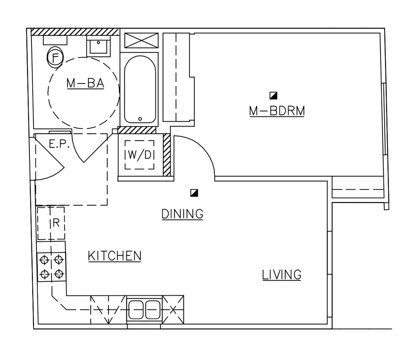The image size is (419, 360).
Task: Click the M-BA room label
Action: click(85, 83)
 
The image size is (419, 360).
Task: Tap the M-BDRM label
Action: click(277, 111)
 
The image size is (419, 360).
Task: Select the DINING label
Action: click(182, 214)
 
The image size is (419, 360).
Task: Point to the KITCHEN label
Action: click(115, 256)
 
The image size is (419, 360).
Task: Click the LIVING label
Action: click(282, 274)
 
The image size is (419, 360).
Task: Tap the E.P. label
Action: click(57, 144)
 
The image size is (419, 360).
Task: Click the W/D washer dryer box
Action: click(139, 155)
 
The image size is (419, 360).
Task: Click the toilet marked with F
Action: click(55, 58)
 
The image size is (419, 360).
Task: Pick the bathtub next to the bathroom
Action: click(140, 89)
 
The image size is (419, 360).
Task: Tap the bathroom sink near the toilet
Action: click(98, 45)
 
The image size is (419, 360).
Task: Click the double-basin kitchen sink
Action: click(144, 310)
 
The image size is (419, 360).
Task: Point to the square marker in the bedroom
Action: click(273, 96)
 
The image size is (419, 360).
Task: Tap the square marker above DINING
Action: click(194, 193)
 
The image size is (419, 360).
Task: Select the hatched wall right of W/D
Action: click(167, 155)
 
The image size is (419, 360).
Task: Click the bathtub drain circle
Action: click(140, 119)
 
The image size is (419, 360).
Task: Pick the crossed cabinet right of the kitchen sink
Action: click(173, 309)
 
